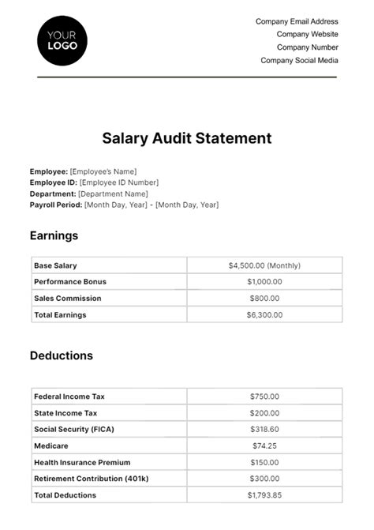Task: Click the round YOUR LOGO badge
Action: (62, 40)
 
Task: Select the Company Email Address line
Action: (297, 21)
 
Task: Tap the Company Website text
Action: (307, 34)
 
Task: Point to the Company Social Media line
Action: (299, 60)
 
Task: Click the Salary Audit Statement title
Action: (187, 138)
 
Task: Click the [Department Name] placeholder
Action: (113, 194)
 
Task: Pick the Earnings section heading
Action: (54, 235)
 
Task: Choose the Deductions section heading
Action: (62, 355)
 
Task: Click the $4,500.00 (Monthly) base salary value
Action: (264, 265)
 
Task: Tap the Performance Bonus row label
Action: (70, 281)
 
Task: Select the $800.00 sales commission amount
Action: (264, 298)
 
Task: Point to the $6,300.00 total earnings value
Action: (264, 314)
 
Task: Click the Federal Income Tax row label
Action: (69, 396)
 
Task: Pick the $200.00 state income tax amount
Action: (264, 412)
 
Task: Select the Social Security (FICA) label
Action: (73, 429)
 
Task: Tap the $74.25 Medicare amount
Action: (264, 445)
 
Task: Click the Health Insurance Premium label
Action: (82, 462)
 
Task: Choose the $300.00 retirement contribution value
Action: (264, 479)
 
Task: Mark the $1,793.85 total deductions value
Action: (264, 495)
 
